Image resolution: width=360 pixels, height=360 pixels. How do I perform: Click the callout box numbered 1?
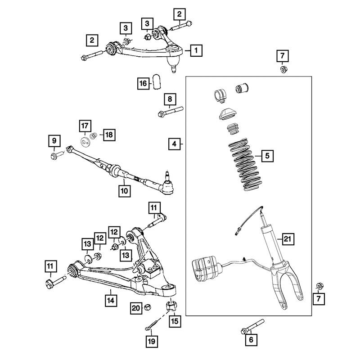(196, 50)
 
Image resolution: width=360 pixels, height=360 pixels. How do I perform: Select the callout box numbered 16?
(143, 83)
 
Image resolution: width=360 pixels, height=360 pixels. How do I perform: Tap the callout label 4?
(174, 144)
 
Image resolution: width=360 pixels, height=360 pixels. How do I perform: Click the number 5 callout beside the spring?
(267, 156)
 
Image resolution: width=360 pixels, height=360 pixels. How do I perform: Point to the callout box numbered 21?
(287, 239)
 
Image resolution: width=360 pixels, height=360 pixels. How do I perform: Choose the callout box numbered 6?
(251, 340)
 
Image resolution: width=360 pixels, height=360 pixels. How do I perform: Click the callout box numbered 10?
(125, 191)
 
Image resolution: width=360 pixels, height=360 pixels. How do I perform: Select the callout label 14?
(111, 301)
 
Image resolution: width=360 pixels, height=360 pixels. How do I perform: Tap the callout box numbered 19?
(152, 342)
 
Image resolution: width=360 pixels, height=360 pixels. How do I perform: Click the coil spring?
(245, 165)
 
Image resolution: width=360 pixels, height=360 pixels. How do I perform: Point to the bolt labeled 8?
(171, 111)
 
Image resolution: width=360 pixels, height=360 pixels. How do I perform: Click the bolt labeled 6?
(252, 327)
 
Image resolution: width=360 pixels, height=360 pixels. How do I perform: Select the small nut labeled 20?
(147, 307)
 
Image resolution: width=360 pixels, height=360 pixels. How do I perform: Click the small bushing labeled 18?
(93, 136)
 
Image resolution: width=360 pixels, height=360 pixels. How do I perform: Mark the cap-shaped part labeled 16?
(157, 81)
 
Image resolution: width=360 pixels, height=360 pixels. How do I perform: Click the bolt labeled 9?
(57, 155)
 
